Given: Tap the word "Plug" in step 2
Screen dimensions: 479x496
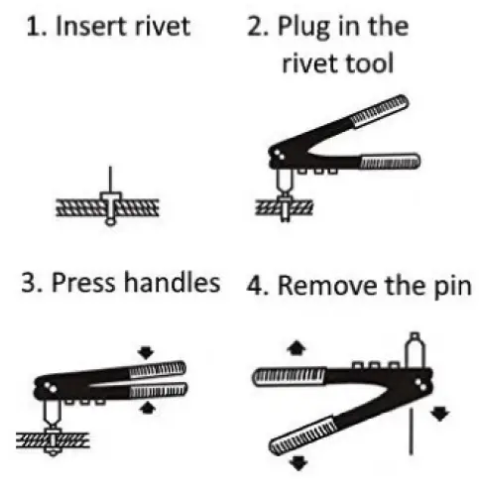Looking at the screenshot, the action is tap(304, 28).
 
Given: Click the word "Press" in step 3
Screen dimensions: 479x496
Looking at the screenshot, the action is tap(83, 284).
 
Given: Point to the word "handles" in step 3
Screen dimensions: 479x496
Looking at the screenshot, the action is tap(172, 283).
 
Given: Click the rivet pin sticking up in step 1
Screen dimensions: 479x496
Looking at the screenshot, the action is tap(110, 180).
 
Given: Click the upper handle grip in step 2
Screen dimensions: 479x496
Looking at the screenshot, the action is tap(380, 110).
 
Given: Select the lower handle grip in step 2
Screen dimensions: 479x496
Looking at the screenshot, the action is tap(391, 161).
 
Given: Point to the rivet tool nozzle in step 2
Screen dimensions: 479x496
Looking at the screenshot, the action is tap(285, 183).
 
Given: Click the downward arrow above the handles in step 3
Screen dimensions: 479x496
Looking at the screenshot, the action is tap(146, 352).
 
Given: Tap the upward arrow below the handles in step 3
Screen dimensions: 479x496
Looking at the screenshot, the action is tap(148, 408).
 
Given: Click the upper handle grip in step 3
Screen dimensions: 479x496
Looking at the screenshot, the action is tap(158, 369).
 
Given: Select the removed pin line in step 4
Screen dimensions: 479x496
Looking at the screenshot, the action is tap(411, 432).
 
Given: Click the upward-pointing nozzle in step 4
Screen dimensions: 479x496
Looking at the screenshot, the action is tap(415, 350).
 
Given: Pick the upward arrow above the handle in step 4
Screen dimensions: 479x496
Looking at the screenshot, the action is tap(297, 348).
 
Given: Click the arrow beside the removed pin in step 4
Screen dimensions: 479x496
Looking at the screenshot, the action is tap(440, 414).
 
